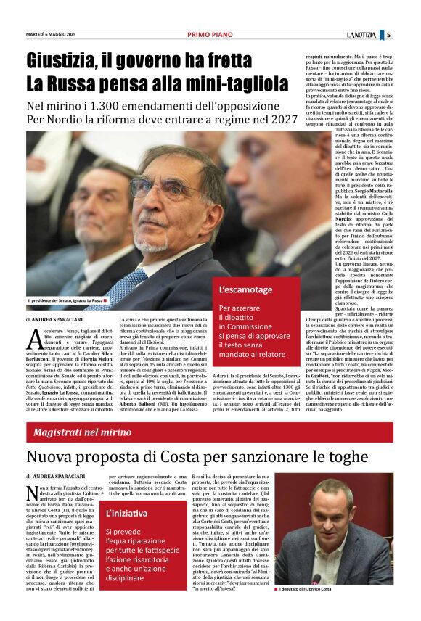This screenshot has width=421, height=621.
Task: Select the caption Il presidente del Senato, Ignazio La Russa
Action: [x=65, y=300]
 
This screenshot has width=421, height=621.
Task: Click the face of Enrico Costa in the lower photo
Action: [x=335, y=509]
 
